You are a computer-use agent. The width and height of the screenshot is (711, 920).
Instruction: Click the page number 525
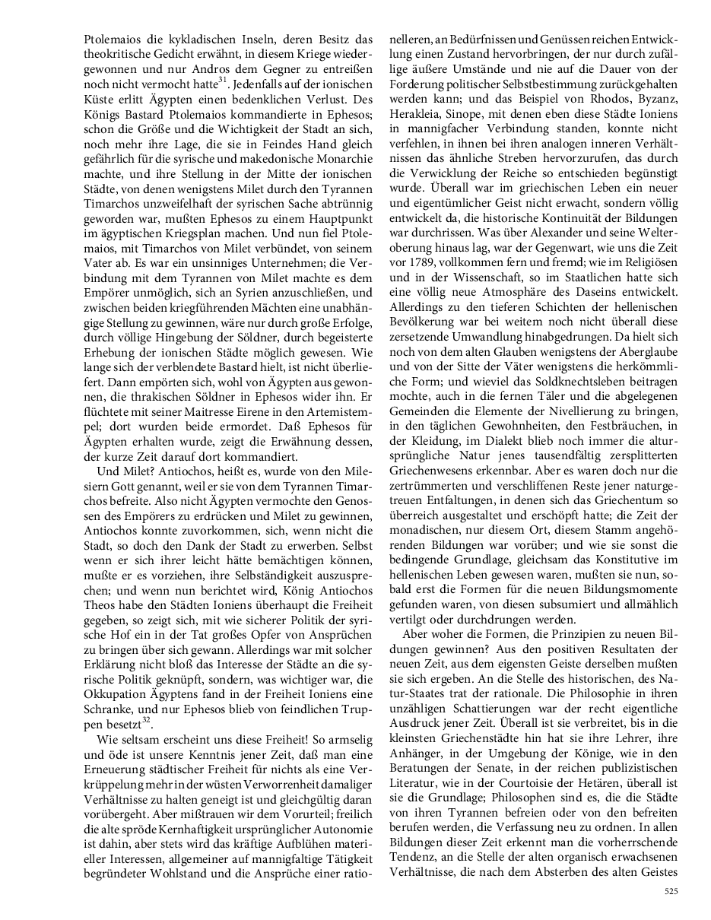[671, 890]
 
